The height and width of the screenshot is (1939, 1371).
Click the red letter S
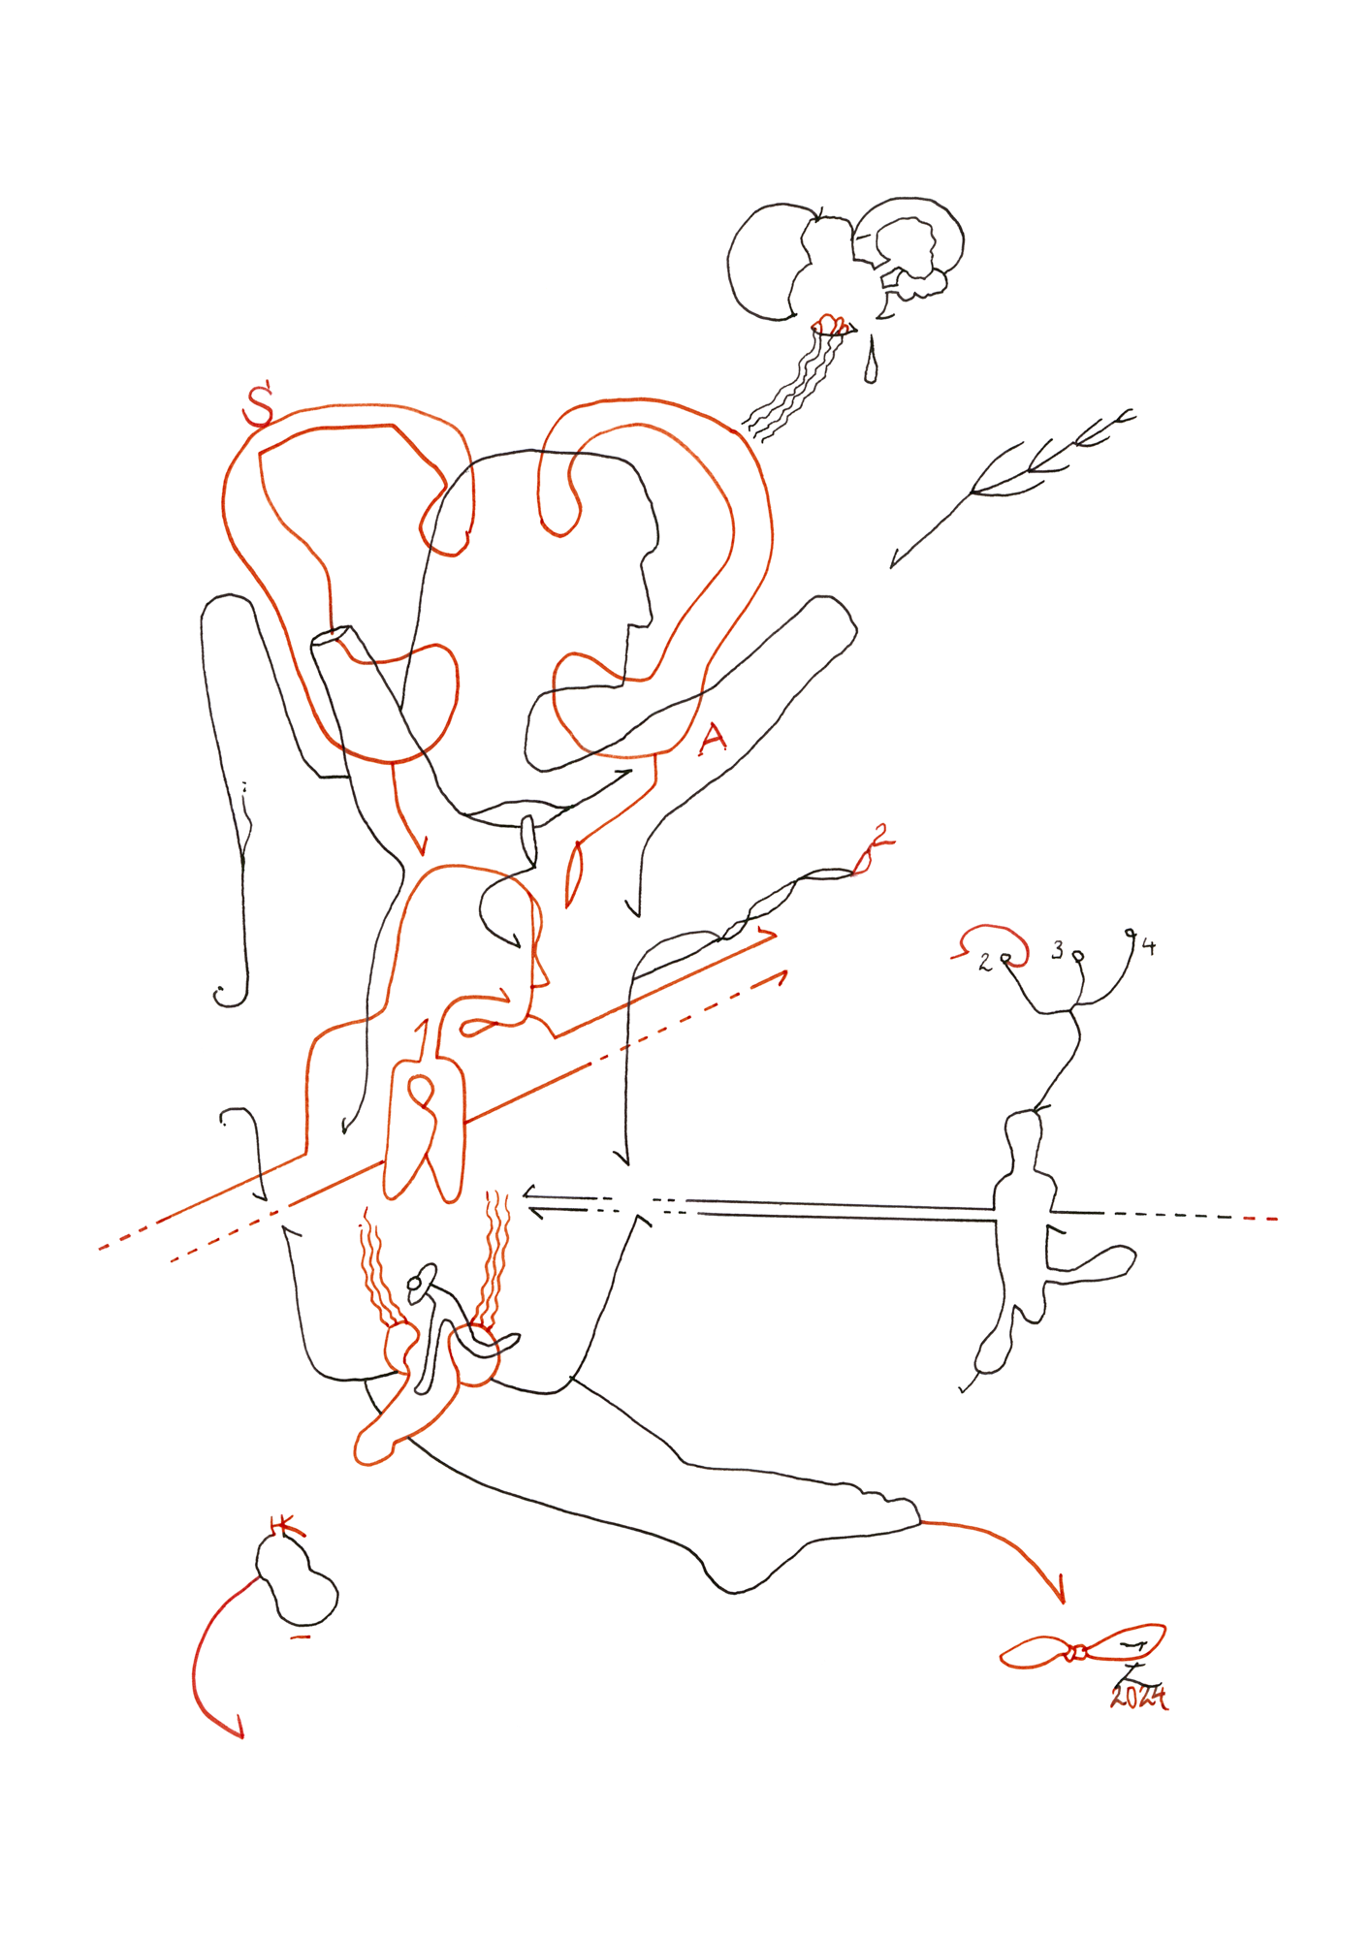258,407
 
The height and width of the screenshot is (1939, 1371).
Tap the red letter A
713,740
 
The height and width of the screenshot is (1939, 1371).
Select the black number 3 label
1058,950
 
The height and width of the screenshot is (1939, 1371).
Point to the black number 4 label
1149,946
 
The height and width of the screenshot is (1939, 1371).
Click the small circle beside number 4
1131,934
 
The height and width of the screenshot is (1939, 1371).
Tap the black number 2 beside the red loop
985,962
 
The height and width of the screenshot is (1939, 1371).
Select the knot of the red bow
1076,1652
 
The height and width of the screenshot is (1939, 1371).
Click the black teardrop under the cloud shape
871,367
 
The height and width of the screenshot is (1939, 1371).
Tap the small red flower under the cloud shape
829,324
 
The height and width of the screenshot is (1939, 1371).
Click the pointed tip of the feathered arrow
893,565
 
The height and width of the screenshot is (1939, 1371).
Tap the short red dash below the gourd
301,1637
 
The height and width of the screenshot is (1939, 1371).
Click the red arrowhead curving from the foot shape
1062,1598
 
